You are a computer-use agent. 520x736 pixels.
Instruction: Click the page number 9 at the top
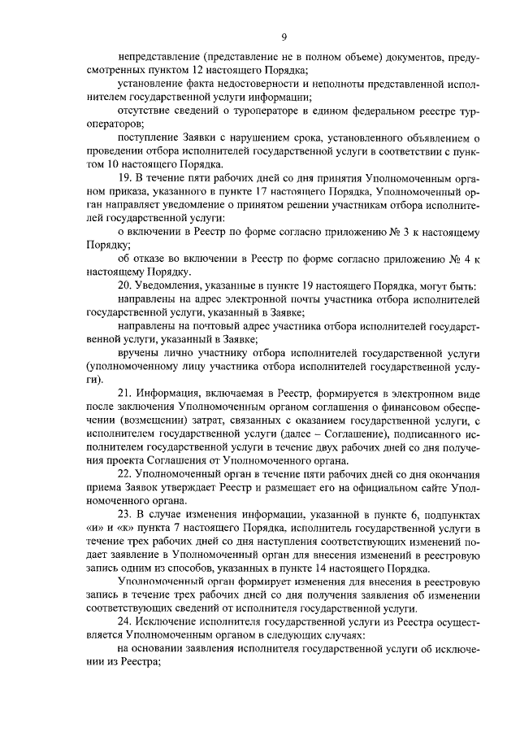(x=285, y=37)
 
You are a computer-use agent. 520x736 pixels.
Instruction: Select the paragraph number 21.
(x=124, y=394)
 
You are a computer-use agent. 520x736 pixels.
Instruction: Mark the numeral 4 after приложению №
(x=461, y=258)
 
